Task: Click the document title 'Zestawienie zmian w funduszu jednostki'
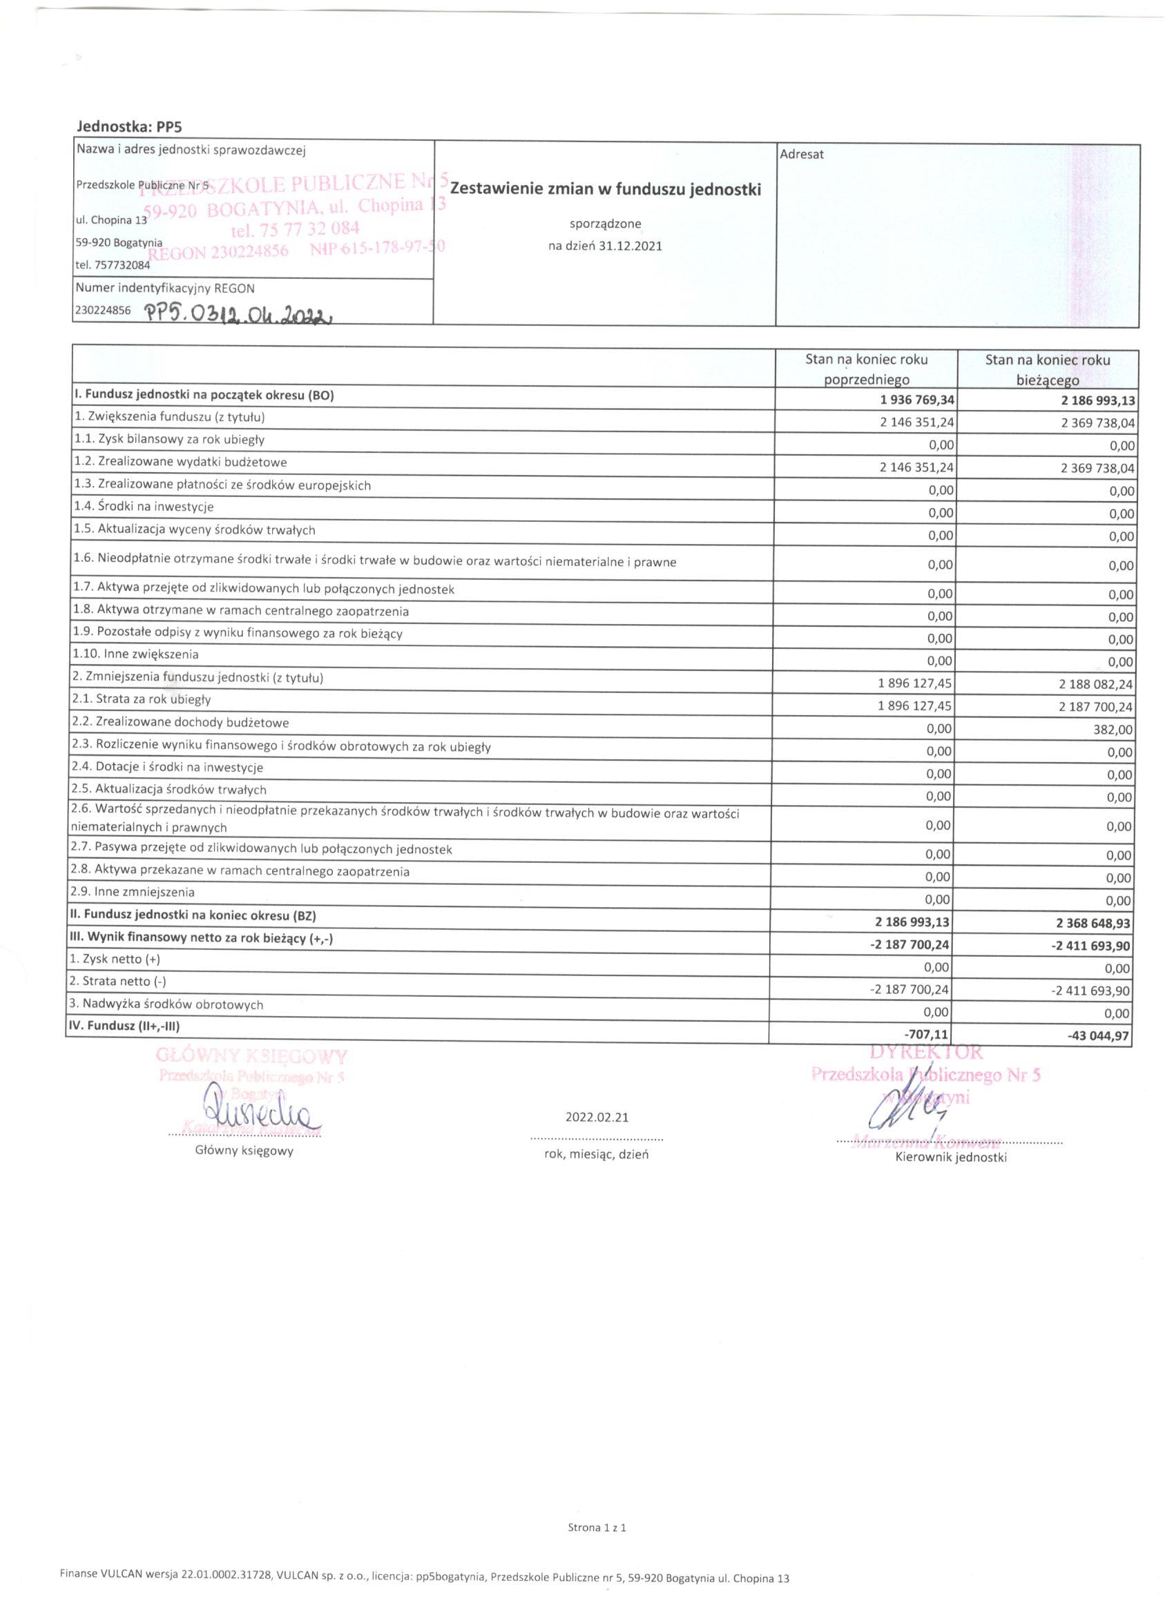point(606,189)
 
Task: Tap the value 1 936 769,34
point(918,400)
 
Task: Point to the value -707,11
point(929,1034)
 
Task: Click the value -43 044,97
point(1099,1036)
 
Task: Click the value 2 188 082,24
point(1097,685)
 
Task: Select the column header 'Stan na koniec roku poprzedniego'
point(867,369)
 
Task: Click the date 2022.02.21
point(597,1116)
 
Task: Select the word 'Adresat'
point(802,155)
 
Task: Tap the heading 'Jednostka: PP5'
point(129,126)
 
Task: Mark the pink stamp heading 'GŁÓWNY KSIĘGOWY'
point(252,1056)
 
